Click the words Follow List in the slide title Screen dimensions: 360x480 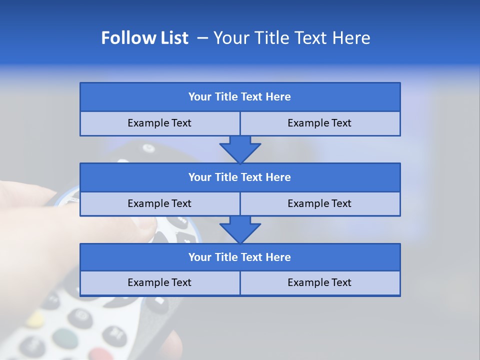tap(144, 38)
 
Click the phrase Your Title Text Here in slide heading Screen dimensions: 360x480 tap(291, 38)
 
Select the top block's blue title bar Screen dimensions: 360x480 tap(240, 97)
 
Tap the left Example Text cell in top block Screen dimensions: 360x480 tap(159, 123)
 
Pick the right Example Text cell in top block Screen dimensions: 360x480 tap(319, 123)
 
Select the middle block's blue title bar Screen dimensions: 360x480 tap(240, 177)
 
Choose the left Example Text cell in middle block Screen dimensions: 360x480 tap(159, 203)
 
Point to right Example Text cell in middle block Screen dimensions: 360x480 tap(319, 203)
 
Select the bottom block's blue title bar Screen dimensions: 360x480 tap(240, 257)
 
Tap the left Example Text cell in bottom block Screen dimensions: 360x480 tap(159, 282)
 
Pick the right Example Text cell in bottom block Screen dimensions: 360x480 tap(319, 282)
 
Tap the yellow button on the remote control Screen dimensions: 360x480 tap(35, 319)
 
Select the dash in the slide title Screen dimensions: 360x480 tap(203, 38)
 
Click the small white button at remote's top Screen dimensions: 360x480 tap(148, 148)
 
